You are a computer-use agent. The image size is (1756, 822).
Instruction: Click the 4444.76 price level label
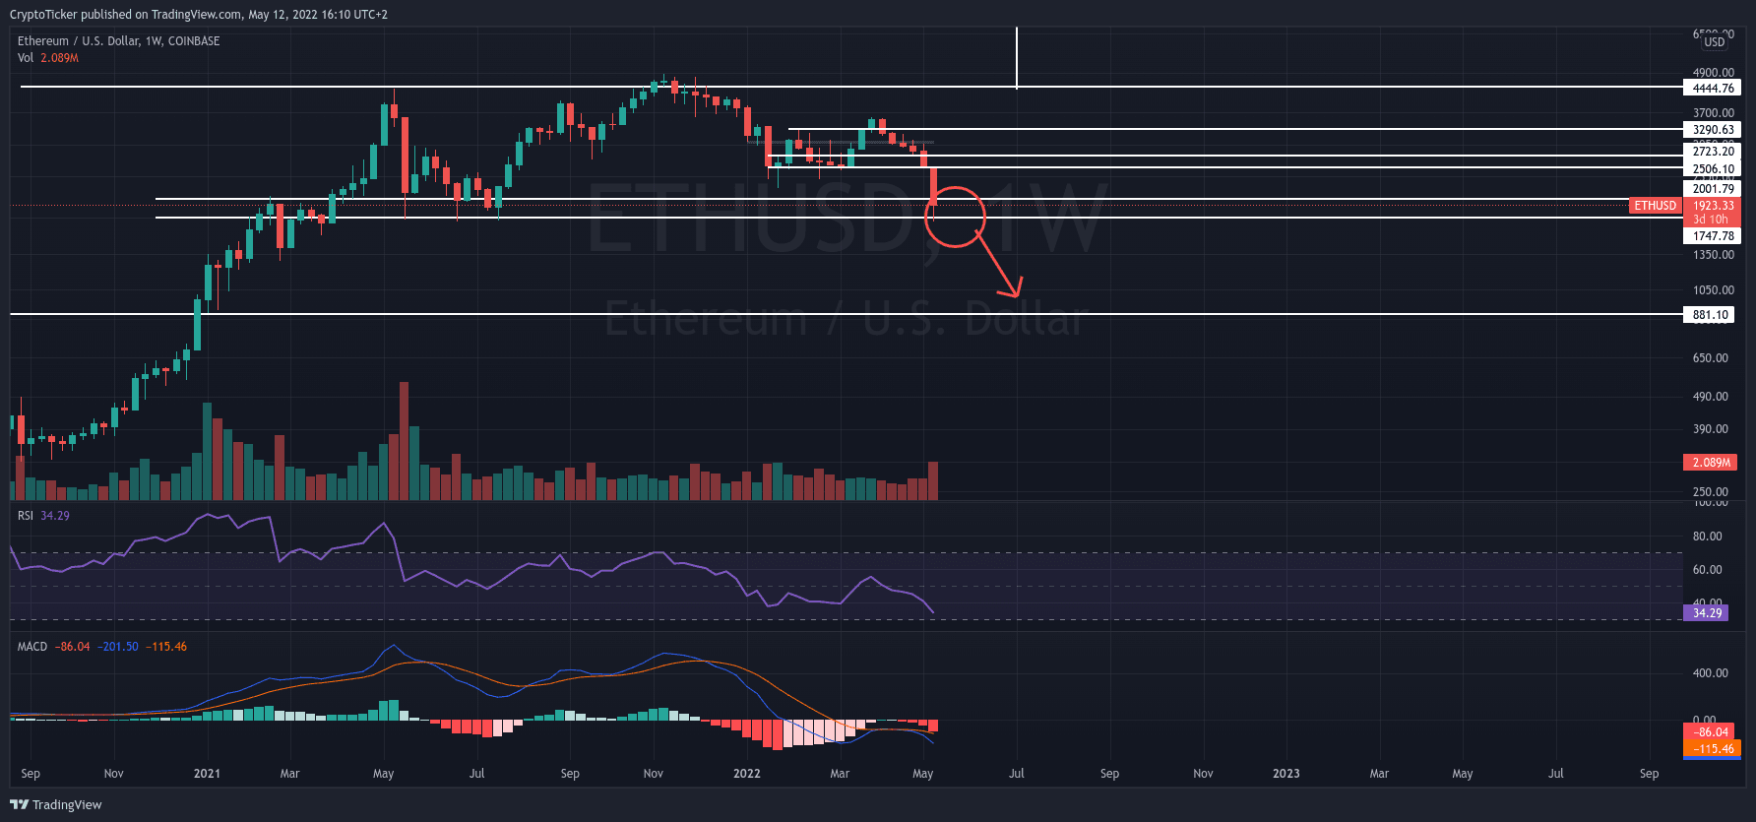1713,89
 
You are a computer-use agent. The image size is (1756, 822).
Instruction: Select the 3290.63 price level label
1713,130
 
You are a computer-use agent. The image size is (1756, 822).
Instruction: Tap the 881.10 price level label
1711,315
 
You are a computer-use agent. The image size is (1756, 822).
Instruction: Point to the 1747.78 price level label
1713,236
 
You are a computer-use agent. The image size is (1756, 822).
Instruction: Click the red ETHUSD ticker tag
1655,206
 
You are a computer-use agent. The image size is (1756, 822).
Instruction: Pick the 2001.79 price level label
1713,189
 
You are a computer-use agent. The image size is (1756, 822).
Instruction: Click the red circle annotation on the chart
955,217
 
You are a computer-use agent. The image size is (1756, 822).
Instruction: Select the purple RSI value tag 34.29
1707,613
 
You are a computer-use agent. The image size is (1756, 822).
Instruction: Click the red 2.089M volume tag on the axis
1711,463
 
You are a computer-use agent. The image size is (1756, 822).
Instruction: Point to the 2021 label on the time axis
207,774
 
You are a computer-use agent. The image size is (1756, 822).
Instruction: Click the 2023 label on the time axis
1286,774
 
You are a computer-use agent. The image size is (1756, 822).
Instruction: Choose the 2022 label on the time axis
746,774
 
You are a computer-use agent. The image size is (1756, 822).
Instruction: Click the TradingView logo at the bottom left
56,805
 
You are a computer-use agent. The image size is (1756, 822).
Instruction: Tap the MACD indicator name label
32,647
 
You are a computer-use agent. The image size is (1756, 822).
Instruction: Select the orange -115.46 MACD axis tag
1713,749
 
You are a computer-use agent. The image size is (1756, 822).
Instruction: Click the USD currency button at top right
1714,41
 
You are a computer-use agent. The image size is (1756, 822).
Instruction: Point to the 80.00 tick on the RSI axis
1707,537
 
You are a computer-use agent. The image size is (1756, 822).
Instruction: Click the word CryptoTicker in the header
43,15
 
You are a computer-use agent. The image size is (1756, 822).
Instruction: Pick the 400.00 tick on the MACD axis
1710,673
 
